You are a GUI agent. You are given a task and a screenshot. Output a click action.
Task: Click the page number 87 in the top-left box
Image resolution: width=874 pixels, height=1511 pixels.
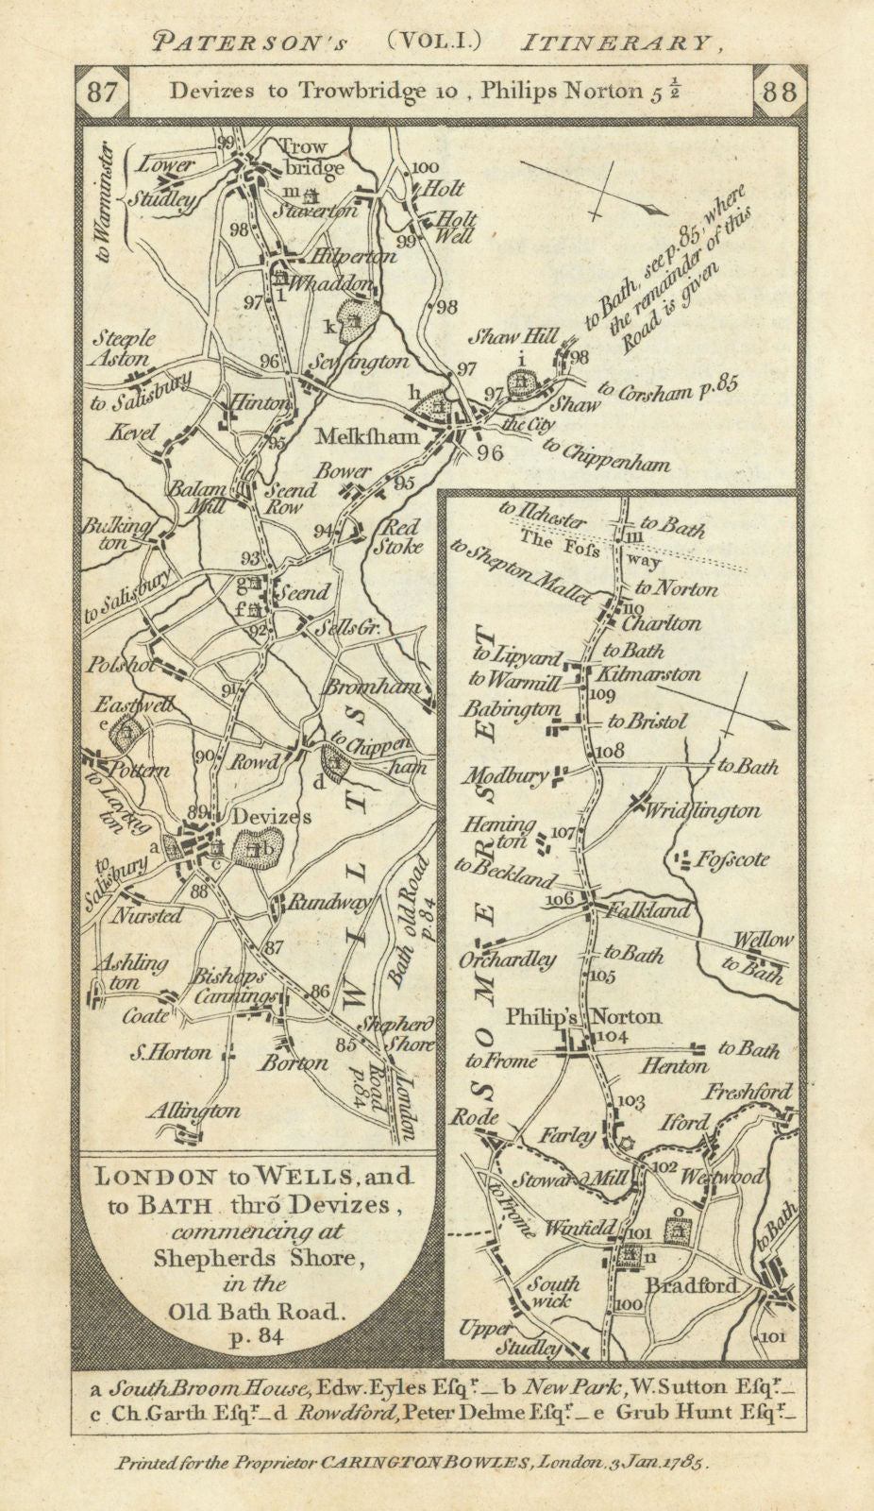click(x=101, y=93)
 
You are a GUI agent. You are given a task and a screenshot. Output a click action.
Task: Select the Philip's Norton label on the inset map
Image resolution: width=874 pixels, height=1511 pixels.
click(x=583, y=1017)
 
